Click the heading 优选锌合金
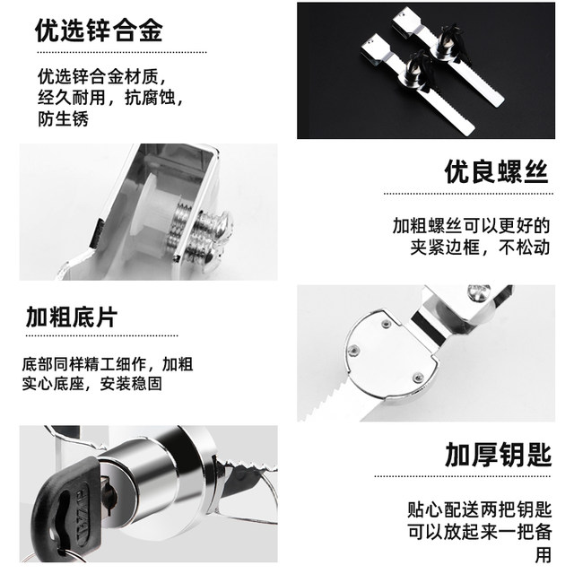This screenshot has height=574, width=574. click(99, 33)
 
